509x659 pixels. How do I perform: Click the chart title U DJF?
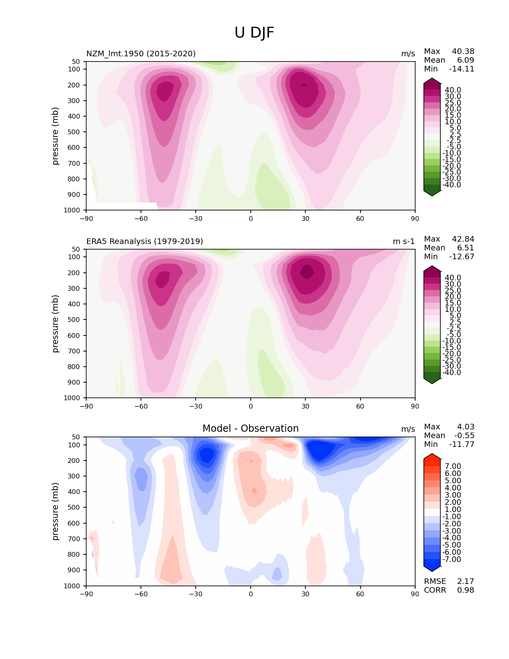pyautogui.click(x=254, y=33)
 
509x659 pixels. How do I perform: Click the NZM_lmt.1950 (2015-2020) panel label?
pyautogui.click(x=141, y=54)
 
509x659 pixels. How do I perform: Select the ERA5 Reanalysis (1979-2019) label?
pyautogui.click(x=145, y=241)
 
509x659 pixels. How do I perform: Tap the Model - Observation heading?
pyautogui.click(x=250, y=429)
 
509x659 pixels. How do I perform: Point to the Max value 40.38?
pyautogui.click(x=463, y=52)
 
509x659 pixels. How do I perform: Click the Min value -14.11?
pyautogui.click(x=461, y=69)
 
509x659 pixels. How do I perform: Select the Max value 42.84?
pyautogui.click(x=463, y=239)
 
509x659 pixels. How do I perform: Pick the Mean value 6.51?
pyautogui.click(x=465, y=248)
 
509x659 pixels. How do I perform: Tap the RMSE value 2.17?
pyautogui.click(x=465, y=581)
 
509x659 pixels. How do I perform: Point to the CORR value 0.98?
pyautogui.click(x=465, y=590)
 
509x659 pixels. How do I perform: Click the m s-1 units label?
pyautogui.click(x=404, y=241)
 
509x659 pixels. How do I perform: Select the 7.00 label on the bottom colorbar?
pyautogui.click(x=453, y=466)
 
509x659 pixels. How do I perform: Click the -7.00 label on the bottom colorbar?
pyautogui.click(x=452, y=559)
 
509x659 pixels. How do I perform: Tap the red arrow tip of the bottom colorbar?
pyautogui.click(x=432, y=457)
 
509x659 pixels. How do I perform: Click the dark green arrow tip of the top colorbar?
pyautogui.click(x=432, y=193)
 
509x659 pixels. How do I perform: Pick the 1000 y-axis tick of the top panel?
pyautogui.click(x=72, y=210)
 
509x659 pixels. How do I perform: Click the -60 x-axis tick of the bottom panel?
pyautogui.click(x=141, y=594)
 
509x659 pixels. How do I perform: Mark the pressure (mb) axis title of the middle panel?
pyautogui.click(x=55, y=324)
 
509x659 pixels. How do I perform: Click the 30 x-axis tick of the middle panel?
pyautogui.click(x=305, y=406)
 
